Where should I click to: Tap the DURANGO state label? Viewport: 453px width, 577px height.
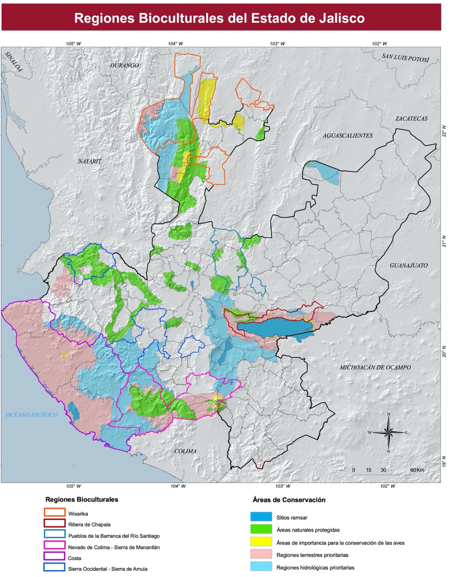[124, 65]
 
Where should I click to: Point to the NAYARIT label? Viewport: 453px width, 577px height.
[90, 161]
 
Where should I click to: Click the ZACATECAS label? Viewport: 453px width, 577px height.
[411, 119]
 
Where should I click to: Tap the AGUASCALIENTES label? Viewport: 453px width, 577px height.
[348, 135]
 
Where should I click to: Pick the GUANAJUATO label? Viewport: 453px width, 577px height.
[409, 265]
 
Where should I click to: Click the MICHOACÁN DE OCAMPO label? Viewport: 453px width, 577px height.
[375, 367]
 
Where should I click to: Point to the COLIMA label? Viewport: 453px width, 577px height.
[185, 451]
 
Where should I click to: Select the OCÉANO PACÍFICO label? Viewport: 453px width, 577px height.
[32, 415]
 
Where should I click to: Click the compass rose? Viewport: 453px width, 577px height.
[388, 432]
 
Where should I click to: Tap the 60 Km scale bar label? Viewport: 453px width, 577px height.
[417, 470]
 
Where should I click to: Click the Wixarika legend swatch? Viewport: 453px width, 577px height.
[55, 513]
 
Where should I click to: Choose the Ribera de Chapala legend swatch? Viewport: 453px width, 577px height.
[55, 523]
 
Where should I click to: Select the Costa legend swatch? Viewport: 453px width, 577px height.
[55, 557]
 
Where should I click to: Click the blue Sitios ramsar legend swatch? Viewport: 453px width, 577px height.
[261, 517]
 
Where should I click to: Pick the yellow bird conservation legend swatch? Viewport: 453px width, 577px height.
[261, 542]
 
